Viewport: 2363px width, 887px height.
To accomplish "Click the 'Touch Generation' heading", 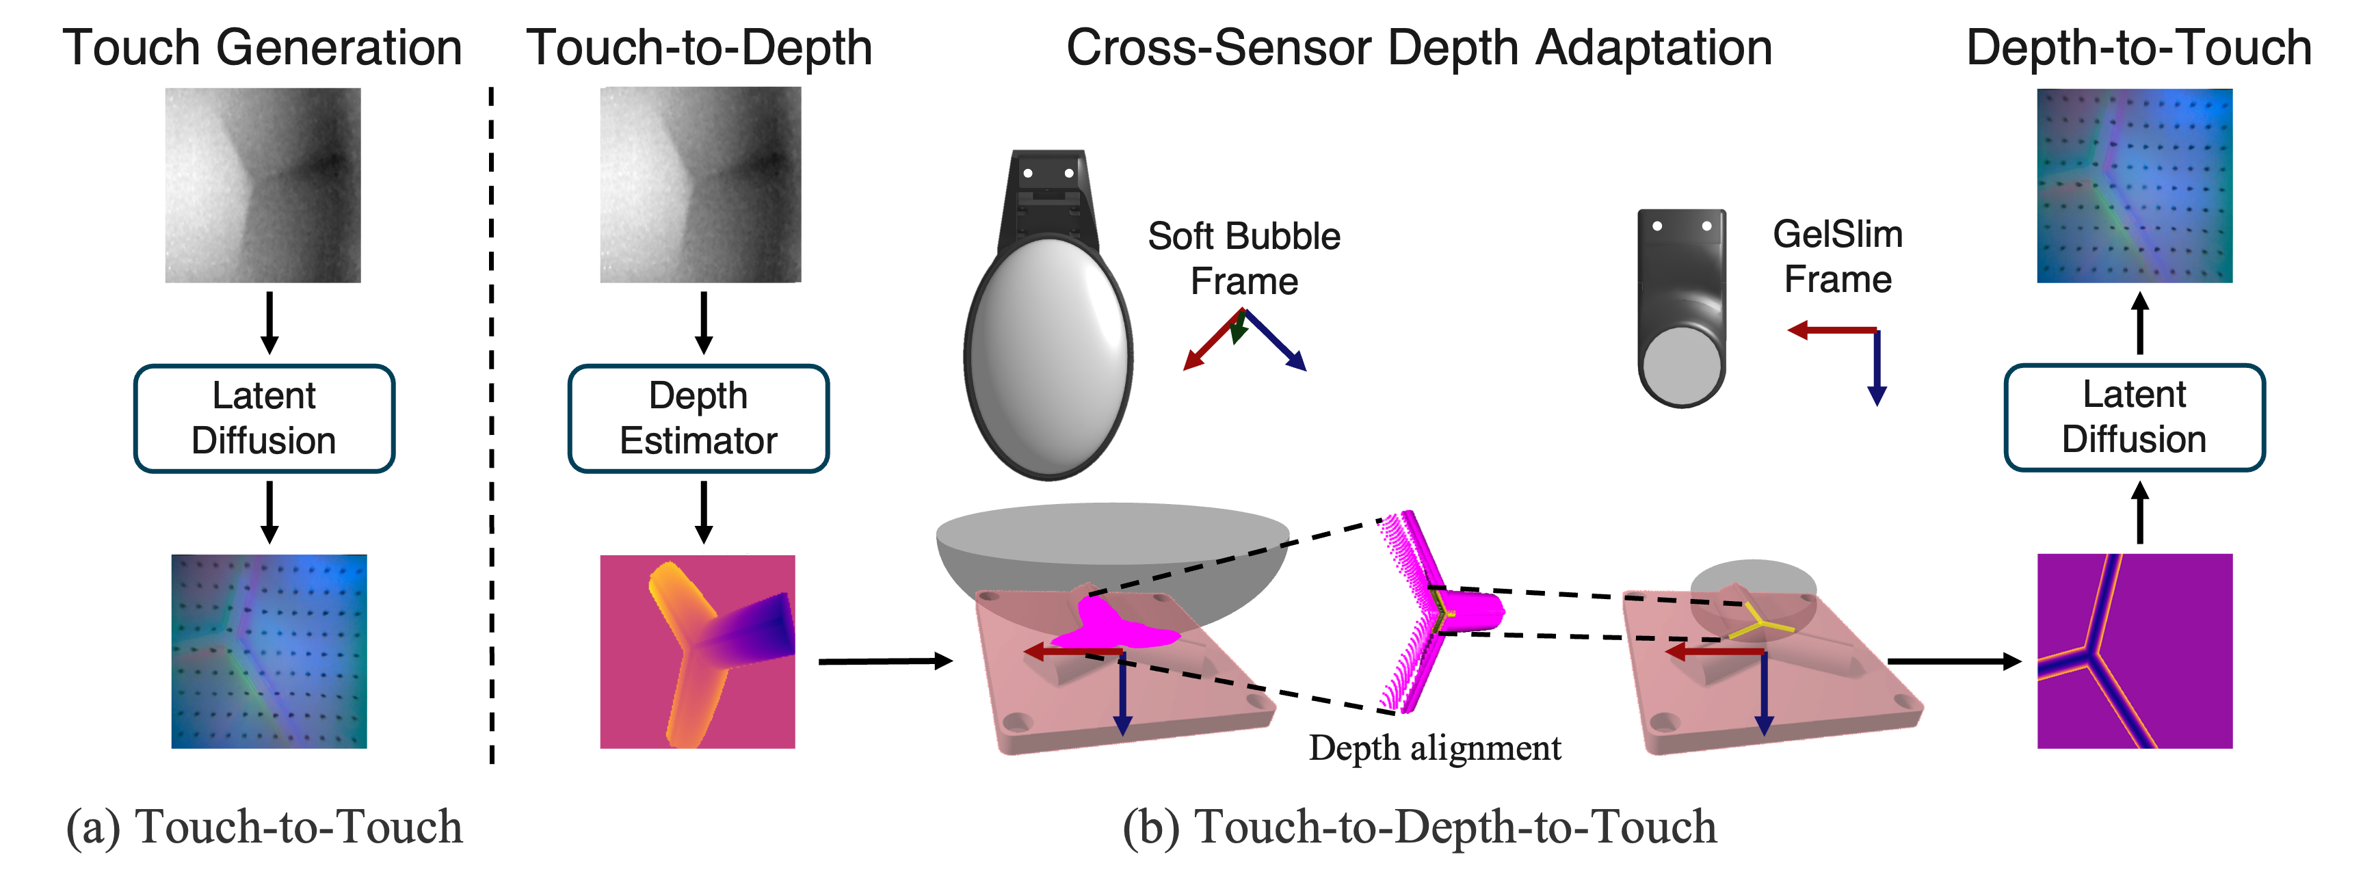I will tap(263, 48).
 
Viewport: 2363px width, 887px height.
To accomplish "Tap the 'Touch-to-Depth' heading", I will tap(699, 48).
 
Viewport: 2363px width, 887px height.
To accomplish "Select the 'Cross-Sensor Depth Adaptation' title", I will tap(1418, 48).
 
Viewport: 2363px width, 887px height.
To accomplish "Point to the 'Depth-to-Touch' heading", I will tap(2138, 48).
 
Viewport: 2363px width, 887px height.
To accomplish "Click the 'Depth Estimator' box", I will tap(698, 419).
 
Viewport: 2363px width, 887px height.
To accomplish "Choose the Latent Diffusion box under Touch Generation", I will tap(264, 419).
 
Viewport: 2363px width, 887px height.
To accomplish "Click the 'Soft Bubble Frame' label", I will tap(1244, 259).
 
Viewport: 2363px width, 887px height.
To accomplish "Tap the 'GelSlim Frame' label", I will tap(1837, 257).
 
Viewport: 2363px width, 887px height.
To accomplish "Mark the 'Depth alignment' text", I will tap(1435, 748).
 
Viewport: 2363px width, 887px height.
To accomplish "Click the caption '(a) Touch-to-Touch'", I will tap(264, 826).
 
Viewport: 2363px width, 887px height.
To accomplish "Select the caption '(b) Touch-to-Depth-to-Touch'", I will tap(1419, 826).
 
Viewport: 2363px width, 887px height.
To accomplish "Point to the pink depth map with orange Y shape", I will tap(697, 651).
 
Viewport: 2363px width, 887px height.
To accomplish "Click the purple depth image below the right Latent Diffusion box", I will tap(2134, 651).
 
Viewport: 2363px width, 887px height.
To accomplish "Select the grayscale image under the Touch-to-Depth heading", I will tap(700, 185).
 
